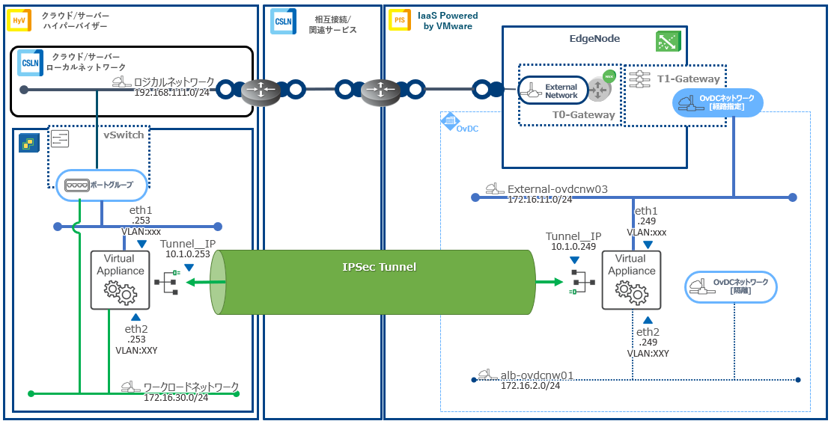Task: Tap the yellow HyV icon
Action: [x=19, y=20]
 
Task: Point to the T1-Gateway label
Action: [x=688, y=79]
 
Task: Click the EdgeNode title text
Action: [x=594, y=38]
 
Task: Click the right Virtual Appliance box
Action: [x=632, y=280]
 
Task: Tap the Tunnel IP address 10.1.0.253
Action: [x=189, y=254]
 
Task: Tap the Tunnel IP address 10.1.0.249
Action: [x=573, y=246]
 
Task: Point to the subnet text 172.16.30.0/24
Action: [x=176, y=397]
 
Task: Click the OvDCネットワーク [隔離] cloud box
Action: [x=731, y=286]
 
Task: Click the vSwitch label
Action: [x=124, y=135]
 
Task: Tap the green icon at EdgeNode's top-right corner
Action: [x=667, y=41]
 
